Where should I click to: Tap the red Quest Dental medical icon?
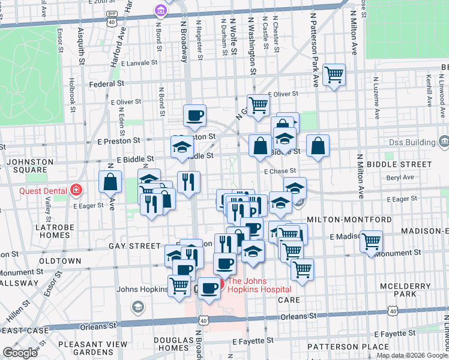pos(76,191)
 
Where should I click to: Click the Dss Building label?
pos(411,142)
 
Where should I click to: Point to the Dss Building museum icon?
pos(444,142)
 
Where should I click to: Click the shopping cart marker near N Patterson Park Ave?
pos(334,74)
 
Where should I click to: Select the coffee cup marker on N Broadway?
pos(194,115)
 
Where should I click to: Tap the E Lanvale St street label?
pos(139,62)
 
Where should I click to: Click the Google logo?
pos(20,353)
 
